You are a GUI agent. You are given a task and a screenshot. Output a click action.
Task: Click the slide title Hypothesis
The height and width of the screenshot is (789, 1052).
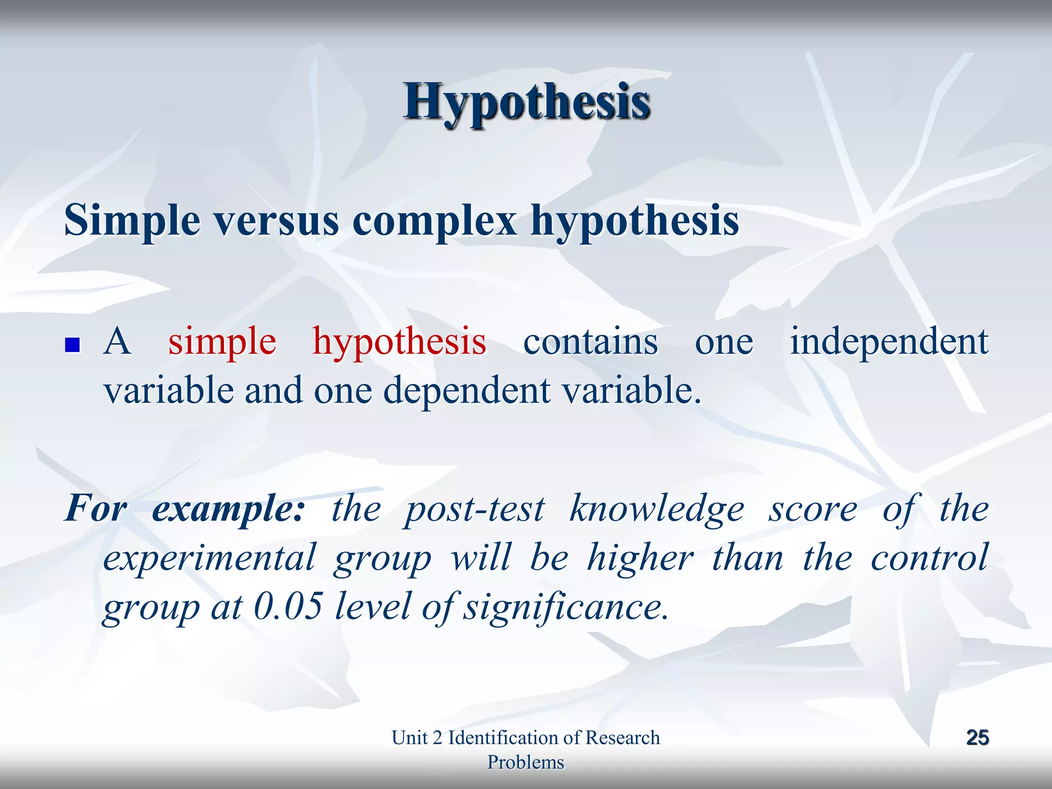coord(527,102)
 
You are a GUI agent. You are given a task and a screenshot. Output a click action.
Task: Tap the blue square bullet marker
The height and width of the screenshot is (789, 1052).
coord(72,344)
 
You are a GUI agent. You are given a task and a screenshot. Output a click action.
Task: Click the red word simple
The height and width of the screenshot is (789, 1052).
coord(222,342)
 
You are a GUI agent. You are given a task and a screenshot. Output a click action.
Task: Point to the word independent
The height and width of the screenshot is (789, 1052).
coord(889,342)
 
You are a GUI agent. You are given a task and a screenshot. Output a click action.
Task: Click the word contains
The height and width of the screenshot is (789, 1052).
coord(590,342)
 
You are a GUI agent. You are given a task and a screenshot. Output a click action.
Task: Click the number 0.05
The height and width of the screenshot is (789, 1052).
coord(288,606)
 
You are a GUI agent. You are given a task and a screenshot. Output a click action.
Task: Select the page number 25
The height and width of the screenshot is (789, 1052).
coord(977,738)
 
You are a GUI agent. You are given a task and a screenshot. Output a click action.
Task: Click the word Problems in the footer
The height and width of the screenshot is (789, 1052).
coord(525,762)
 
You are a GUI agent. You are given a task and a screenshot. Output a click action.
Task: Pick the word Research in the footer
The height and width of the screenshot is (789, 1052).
coord(622,738)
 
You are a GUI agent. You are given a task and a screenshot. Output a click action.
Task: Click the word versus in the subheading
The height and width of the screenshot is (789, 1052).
coord(276,221)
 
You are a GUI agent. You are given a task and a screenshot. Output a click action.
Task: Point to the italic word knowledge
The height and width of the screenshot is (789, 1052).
coord(656,510)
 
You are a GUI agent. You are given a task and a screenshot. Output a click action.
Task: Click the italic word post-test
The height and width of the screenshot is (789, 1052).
coord(474,510)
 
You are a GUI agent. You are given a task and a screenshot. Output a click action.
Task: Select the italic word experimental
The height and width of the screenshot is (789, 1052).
coord(209,558)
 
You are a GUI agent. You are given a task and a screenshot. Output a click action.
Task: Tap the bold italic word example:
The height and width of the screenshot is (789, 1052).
coord(228,510)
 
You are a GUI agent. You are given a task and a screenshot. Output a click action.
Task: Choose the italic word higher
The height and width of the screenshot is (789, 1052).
coord(640,558)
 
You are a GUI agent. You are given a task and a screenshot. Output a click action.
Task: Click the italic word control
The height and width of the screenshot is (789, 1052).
coord(929,558)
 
